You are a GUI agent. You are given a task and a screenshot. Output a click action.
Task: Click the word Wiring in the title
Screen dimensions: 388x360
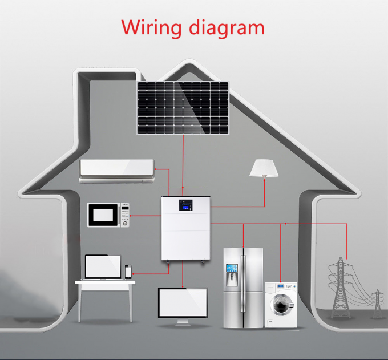151,28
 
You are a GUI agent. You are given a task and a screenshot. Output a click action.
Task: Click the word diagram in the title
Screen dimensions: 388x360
227,28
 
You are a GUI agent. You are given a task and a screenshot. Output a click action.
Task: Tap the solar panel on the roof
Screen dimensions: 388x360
183,108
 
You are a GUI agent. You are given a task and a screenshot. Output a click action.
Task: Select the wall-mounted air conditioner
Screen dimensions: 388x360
117,171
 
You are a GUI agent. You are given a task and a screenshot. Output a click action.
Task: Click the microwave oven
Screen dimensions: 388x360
108,215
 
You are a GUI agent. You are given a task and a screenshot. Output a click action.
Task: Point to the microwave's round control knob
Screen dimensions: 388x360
125,224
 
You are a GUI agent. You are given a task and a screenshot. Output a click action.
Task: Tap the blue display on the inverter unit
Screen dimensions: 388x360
185,205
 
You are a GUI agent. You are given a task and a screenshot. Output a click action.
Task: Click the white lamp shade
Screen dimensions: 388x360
264,168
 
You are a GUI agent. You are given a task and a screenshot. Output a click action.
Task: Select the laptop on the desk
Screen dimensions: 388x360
103,267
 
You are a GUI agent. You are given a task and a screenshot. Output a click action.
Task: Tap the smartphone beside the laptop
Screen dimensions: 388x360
128,272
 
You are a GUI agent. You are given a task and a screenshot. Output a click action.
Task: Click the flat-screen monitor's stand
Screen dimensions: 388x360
183,322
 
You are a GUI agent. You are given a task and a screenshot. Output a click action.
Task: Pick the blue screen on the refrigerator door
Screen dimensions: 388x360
232,268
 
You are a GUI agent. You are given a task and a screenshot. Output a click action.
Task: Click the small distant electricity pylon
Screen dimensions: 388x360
377,304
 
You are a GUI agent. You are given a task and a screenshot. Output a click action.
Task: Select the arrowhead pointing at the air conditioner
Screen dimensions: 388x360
156,169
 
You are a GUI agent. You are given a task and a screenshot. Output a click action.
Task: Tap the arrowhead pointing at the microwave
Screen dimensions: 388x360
131,216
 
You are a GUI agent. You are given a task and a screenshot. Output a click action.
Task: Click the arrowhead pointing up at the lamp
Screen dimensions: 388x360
264,180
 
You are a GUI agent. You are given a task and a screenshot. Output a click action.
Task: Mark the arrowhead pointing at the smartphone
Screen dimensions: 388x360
134,274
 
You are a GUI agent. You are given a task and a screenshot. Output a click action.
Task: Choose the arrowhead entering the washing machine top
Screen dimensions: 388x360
281,281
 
